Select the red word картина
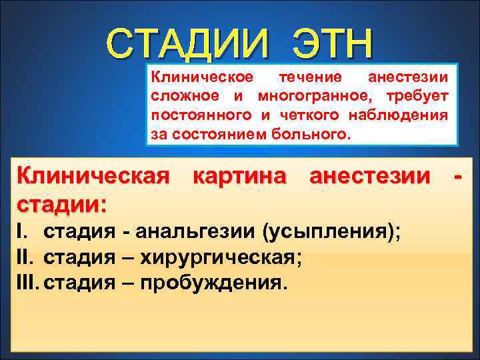240,177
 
